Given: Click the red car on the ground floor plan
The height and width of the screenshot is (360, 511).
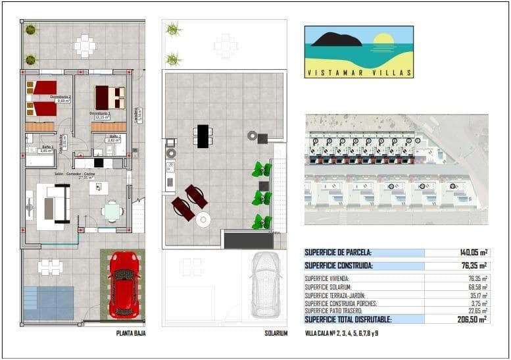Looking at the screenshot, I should (x=124, y=284).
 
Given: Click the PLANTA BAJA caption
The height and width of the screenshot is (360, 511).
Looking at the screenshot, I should (x=130, y=334).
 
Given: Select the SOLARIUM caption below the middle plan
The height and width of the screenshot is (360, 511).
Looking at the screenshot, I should (x=276, y=334).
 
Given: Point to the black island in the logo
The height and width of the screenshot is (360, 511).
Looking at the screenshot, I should (x=337, y=40).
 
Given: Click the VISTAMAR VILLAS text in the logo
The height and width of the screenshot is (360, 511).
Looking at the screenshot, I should (x=359, y=73).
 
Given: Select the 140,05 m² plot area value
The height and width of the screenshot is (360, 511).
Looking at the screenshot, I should (x=473, y=252).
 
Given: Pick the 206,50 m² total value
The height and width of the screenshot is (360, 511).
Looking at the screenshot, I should (x=473, y=319).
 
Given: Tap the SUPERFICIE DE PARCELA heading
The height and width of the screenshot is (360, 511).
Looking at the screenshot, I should (x=338, y=252).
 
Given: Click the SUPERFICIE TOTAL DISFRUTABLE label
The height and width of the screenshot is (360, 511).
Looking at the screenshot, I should (x=348, y=319).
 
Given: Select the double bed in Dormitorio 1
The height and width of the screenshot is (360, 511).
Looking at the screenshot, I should (x=109, y=97).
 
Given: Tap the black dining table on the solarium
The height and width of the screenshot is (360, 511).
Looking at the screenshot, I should (x=203, y=136).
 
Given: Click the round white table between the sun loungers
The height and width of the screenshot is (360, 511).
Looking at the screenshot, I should (x=203, y=220).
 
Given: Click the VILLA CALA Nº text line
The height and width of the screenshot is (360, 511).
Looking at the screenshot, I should (x=341, y=334).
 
